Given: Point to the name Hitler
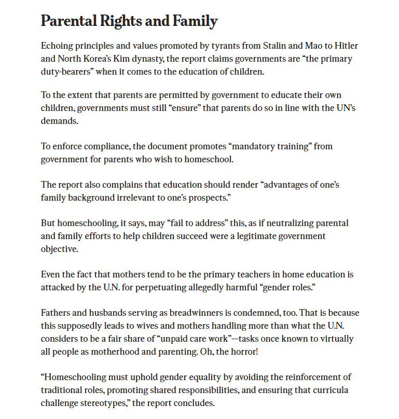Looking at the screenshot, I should (x=345, y=46).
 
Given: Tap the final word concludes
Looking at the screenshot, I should (x=195, y=402).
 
